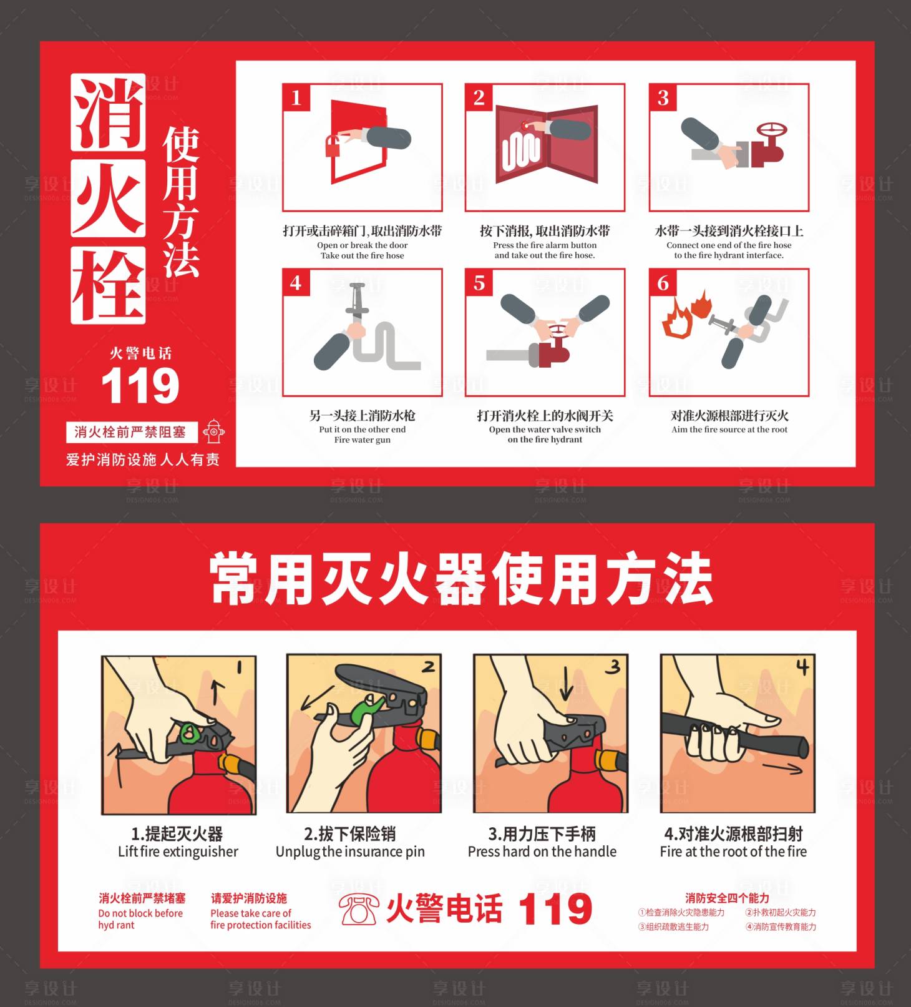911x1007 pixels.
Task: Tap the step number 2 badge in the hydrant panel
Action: click(479, 97)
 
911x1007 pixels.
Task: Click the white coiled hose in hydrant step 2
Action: click(520, 152)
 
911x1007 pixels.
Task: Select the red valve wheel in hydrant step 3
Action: click(772, 131)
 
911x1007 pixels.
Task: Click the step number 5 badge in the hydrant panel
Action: click(479, 283)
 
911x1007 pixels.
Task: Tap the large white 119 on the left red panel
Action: click(140, 386)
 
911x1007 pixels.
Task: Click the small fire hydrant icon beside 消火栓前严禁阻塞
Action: click(214, 432)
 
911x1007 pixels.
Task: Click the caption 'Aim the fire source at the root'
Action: click(729, 430)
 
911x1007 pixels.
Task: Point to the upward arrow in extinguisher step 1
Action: click(217, 691)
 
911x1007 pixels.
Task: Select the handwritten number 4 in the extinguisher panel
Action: click(802, 667)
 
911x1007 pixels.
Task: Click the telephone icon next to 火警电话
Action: click(359, 908)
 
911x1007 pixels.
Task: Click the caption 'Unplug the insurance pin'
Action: click(350, 852)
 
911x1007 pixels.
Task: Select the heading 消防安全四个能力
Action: click(727, 898)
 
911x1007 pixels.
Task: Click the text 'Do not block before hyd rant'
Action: click(140, 918)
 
